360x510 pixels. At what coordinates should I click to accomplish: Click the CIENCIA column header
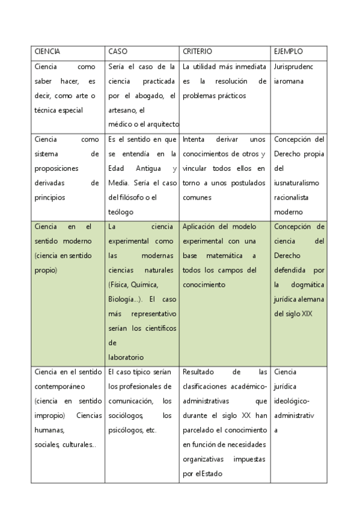pos(47,52)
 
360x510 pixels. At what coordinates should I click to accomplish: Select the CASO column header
pos(117,52)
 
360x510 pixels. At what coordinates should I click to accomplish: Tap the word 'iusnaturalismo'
pos(296,183)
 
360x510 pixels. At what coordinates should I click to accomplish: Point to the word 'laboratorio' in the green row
pos(126,357)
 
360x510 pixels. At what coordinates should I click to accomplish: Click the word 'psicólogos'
pos(126,430)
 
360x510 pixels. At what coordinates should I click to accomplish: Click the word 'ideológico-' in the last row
pos(292,401)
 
